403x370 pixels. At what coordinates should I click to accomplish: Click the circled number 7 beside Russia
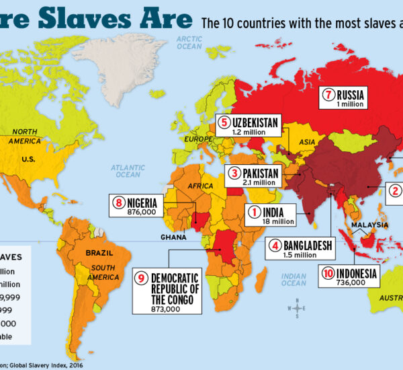(x=328, y=96)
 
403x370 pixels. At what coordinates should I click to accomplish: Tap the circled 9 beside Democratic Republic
(x=142, y=276)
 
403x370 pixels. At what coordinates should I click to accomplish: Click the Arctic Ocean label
(x=189, y=43)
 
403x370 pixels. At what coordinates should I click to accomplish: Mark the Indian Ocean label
(x=294, y=280)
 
